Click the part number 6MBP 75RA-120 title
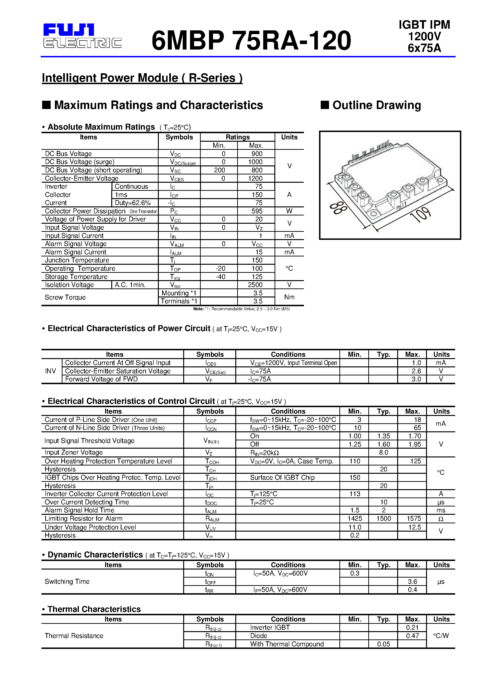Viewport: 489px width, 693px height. coord(251,41)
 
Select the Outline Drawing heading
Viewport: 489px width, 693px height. coord(376,105)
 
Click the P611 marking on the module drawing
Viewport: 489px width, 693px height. coord(401,206)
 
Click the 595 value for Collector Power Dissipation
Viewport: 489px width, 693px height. coord(257,211)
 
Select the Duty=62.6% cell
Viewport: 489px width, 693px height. coord(133,203)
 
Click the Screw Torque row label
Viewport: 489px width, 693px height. coord(65,297)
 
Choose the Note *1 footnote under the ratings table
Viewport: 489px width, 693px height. coord(241,309)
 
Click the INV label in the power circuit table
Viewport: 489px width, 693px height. coord(50,371)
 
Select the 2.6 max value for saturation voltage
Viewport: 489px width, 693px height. coord(416,371)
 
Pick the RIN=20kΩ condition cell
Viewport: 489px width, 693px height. coord(264,453)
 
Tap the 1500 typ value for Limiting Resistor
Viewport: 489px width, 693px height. coord(383,519)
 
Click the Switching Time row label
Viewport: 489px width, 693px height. coord(67,581)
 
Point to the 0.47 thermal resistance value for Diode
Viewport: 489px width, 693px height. coord(412,636)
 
